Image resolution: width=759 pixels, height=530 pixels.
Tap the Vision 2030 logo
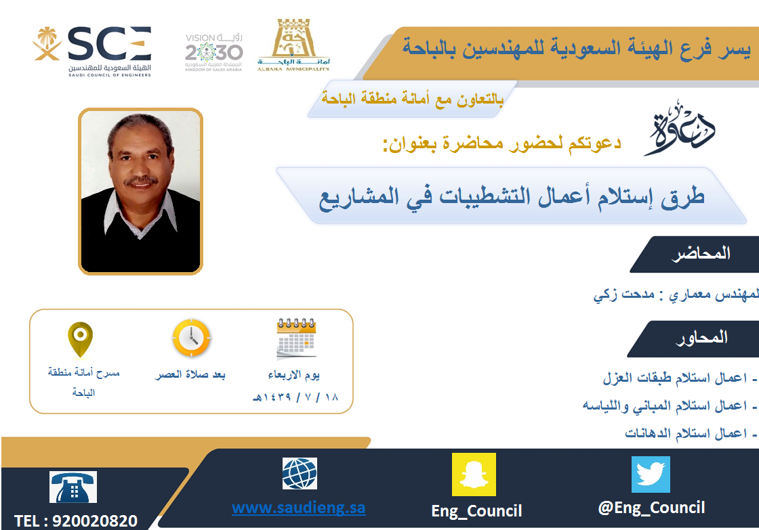point(213,52)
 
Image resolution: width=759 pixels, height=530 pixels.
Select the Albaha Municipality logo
point(293,45)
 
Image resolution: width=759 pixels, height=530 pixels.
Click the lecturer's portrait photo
point(140,192)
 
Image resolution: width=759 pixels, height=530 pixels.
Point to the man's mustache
point(140,181)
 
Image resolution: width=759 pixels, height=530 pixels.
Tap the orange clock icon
point(191,338)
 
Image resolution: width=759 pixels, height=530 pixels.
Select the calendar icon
point(295,339)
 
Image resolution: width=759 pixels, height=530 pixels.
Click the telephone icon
point(73,487)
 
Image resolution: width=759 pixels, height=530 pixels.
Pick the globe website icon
point(300,473)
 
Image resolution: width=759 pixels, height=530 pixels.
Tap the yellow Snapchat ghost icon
point(474,474)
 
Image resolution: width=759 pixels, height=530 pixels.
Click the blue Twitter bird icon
point(651,474)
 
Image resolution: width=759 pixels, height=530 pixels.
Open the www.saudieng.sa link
point(299,508)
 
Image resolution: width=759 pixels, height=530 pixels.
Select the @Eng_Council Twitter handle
point(651,508)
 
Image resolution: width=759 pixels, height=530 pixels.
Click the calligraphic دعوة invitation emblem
point(680,128)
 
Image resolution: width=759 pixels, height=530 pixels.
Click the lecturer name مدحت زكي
point(624,294)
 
